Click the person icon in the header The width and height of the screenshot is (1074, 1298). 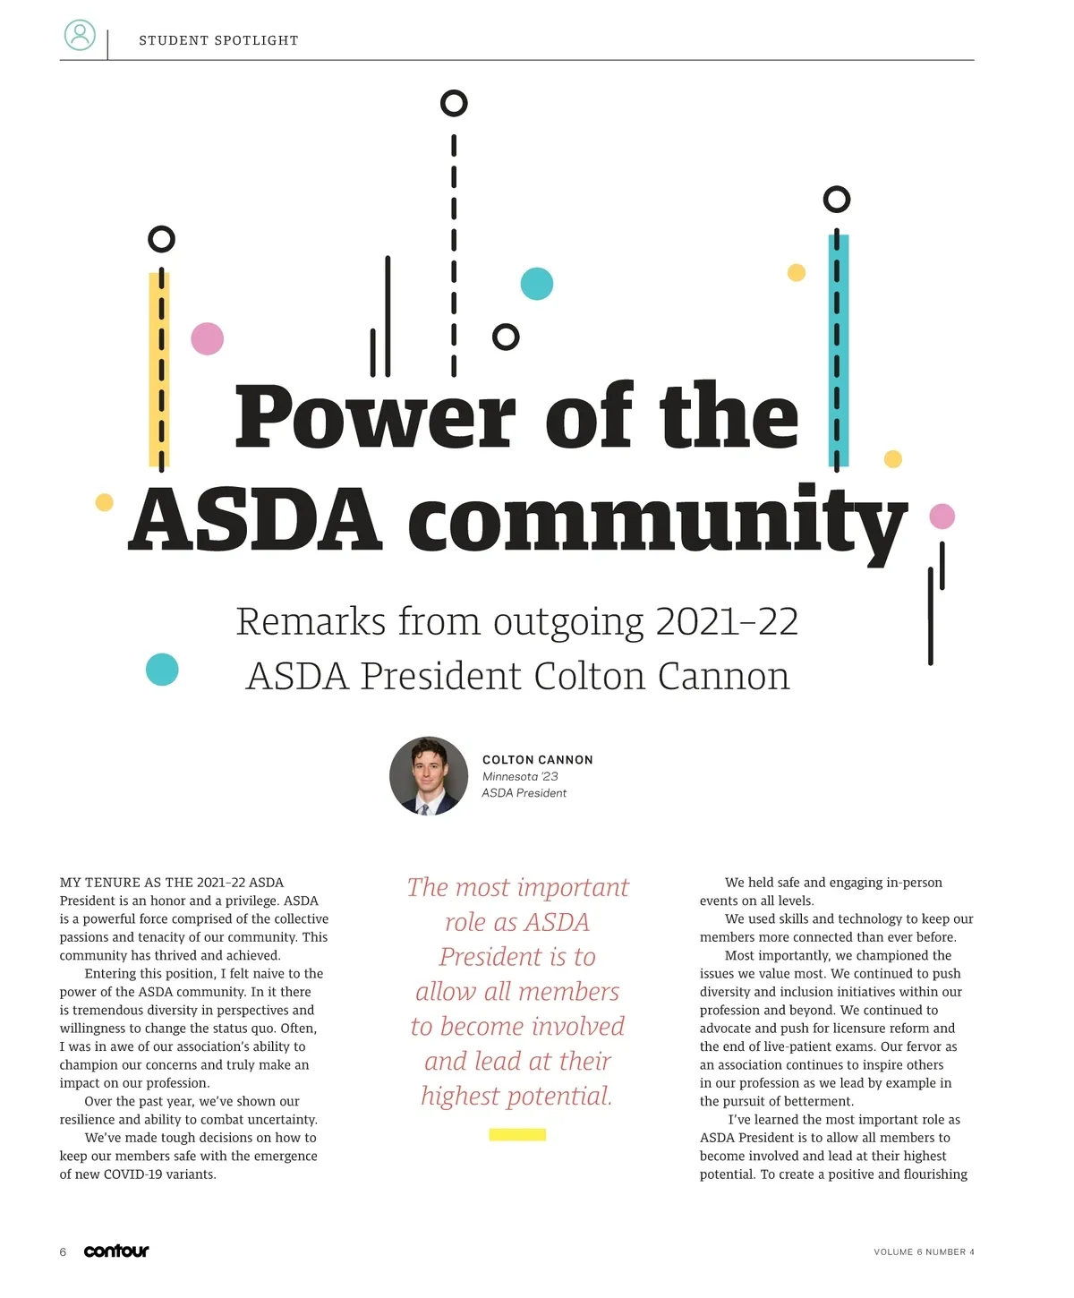pyautogui.click(x=80, y=36)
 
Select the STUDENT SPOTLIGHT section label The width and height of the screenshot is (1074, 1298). pyautogui.click(x=218, y=40)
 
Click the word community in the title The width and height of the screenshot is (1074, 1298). pyautogui.click(x=658, y=521)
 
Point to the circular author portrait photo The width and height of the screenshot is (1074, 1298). pyautogui.click(x=429, y=776)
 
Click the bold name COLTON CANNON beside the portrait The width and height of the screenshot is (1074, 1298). pyautogui.click(x=537, y=760)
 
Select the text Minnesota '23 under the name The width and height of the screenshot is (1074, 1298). pyautogui.click(x=520, y=777)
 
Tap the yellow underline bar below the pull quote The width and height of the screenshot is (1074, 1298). pyautogui.click(x=517, y=1134)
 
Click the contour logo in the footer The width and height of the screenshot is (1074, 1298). pyautogui.click(x=116, y=1251)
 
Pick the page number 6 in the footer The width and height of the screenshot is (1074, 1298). pyautogui.click(x=63, y=1251)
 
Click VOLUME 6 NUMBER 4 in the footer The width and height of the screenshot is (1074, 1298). pyautogui.click(x=924, y=1251)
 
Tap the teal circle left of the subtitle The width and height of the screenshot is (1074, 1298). pyautogui.click(x=162, y=669)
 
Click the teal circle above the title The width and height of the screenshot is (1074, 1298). pyautogui.click(x=537, y=283)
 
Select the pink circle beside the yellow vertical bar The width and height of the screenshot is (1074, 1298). pyautogui.click(x=207, y=338)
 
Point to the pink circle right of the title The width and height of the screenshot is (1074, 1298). pyautogui.click(x=942, y=516)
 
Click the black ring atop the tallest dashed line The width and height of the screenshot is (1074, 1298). pyautogui.click(x=454, y=103)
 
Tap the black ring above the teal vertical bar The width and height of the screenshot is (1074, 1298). pyautogui.click(x=836, y=199)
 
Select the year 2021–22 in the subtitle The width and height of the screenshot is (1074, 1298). pyautogui.click(x=727, y=621)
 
